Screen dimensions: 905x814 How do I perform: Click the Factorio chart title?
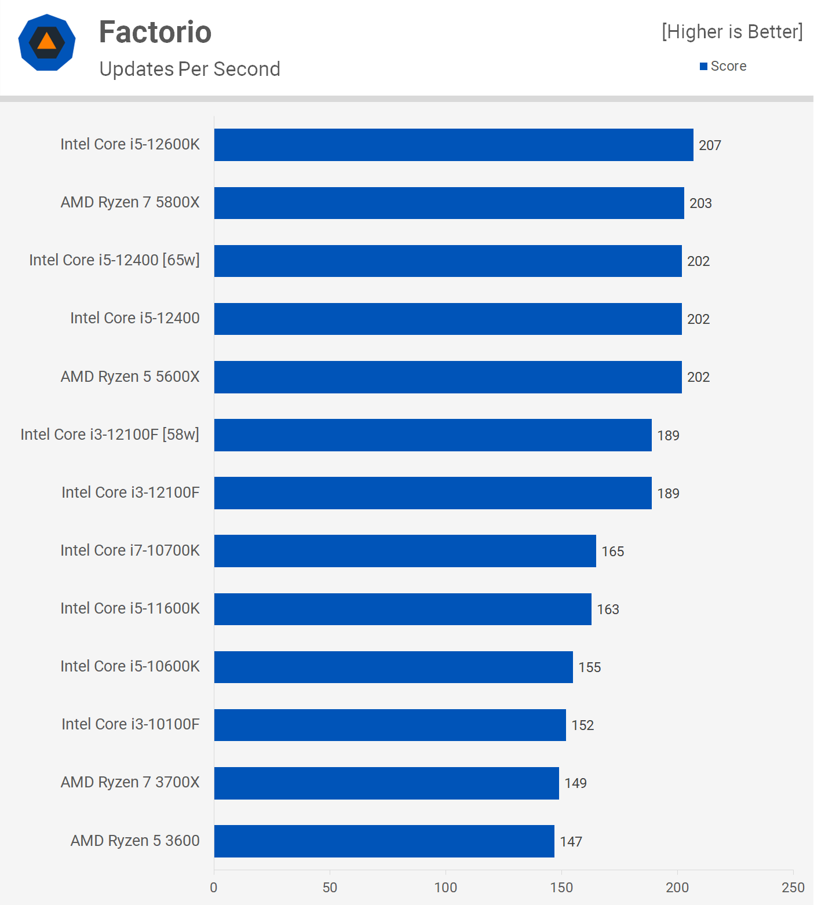point(155,32)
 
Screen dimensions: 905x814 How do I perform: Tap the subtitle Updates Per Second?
point(189,69)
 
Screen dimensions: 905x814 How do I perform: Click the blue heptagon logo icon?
point(47,42)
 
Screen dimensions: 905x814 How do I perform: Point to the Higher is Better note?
point(732,32)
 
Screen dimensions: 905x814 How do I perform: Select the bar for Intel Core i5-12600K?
point(454,145)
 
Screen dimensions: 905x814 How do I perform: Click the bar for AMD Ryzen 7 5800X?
point(449,203)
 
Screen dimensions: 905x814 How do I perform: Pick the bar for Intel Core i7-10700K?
point(405,551)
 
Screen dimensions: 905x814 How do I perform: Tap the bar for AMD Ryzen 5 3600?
point(384,841)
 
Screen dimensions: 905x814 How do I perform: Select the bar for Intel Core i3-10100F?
point(390,725)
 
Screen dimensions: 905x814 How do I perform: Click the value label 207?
point(710,145)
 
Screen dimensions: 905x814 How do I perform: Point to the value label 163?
point(608,610)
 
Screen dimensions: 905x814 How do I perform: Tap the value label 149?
point(575,783)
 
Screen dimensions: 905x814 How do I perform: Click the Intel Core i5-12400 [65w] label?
point(114,260)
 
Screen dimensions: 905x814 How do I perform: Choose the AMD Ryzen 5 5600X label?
point(130,377)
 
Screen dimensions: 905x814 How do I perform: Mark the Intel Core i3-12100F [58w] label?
point(109,435)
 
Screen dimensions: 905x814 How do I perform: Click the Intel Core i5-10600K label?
point(130,666)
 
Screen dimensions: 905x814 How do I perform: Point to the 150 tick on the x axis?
point(561,887)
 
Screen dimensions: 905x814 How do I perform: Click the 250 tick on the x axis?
point(793,887)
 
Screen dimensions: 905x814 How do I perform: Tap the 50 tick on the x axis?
point(330,887)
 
